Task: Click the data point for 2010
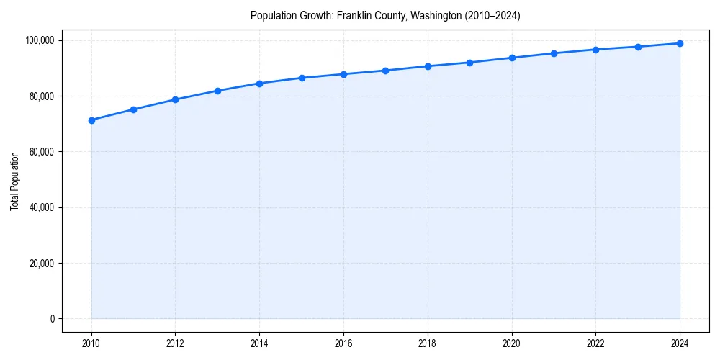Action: (91, 120)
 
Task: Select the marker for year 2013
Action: (217, 91)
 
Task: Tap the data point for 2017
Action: (386, 71)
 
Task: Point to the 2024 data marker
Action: (680, 43)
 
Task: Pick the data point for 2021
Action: (554, 53)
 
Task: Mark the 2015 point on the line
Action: (302, 78)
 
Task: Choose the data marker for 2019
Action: (469, 63)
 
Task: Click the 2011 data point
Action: (133, 109)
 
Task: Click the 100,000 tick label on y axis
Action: (39, 40)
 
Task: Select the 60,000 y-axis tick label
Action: (41, 152)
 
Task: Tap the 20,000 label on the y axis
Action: (41, 264)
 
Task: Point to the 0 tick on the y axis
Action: (51, 319)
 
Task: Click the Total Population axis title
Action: (14, 181)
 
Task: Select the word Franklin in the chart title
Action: (354, 15)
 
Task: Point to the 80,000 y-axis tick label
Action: (41, 96)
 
